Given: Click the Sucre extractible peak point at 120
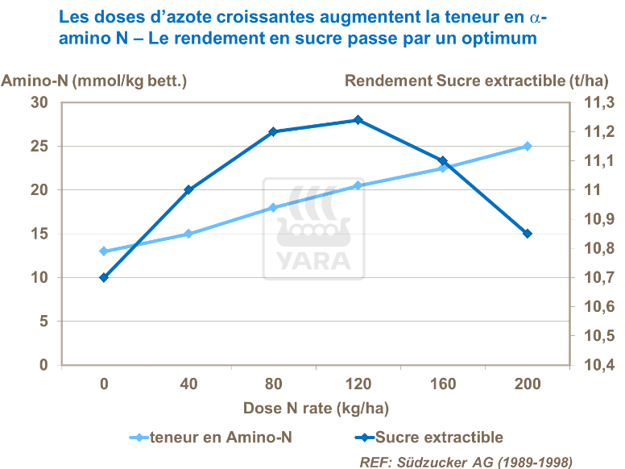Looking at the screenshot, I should (358, 120).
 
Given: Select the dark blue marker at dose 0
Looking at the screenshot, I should (104, 277).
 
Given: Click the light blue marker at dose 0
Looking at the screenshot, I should (104, 251).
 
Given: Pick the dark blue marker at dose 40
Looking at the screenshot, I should (188, 190).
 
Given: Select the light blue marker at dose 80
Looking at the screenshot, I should (273, 207).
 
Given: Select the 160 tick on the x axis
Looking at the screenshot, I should (443, 385).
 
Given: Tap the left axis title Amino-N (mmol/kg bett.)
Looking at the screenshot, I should (95, 81).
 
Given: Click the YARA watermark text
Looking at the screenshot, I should (314, 261).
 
